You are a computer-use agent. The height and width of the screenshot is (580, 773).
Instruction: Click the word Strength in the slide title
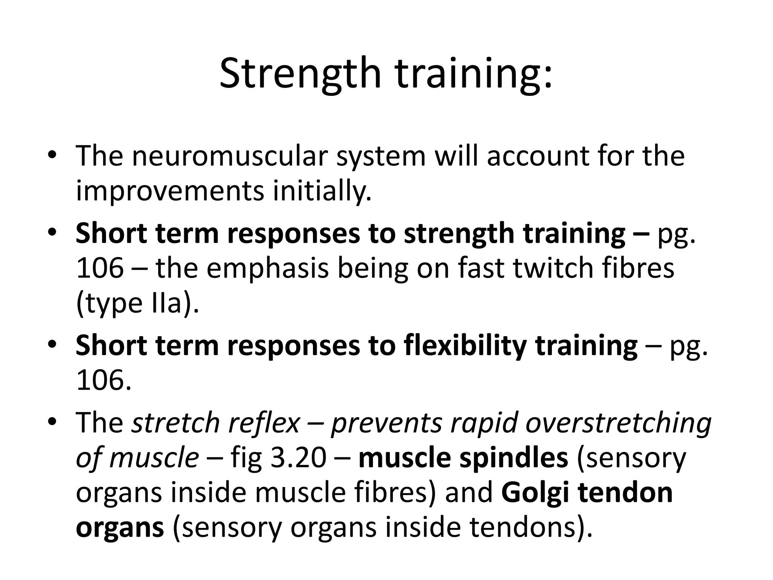point(300,74)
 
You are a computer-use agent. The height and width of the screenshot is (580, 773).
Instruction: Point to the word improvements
point(170,191)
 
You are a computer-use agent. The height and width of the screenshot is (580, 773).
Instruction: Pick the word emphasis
point(268,268)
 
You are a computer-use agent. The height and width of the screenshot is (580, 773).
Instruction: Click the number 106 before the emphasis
point(100,268)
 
